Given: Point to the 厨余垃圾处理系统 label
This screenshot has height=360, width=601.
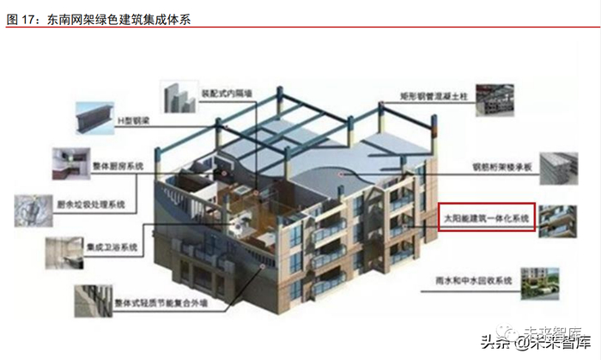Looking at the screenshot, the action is tap(94, 204).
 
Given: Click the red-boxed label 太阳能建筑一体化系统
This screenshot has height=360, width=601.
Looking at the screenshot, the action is tap(487, 220).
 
